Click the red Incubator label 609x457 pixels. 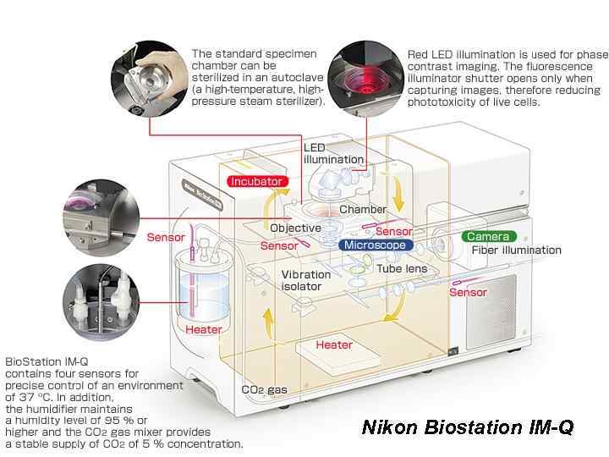pyautogui.click(x=258, y=181)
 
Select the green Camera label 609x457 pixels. pyautogui.click(x=488, y=236)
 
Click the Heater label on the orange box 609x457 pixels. pyautogui.click(x=333, y=344)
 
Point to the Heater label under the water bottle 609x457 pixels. pyautogui.click(x=204, y=329)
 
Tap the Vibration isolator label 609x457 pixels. pyautogui.click(x=301, y=281)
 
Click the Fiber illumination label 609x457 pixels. pyautogui.click(x=517, y=250)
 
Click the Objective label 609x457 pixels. pyautogui.click(x=295, y=228)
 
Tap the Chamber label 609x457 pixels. pyautogui.click(x=363, y=209)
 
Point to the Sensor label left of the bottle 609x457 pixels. pyautogui.click(x=166, y=237)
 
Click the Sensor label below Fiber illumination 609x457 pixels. pyautogui.click(x=468, y=292)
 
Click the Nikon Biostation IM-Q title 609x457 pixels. pyautogui.click(x=468, y=427)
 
